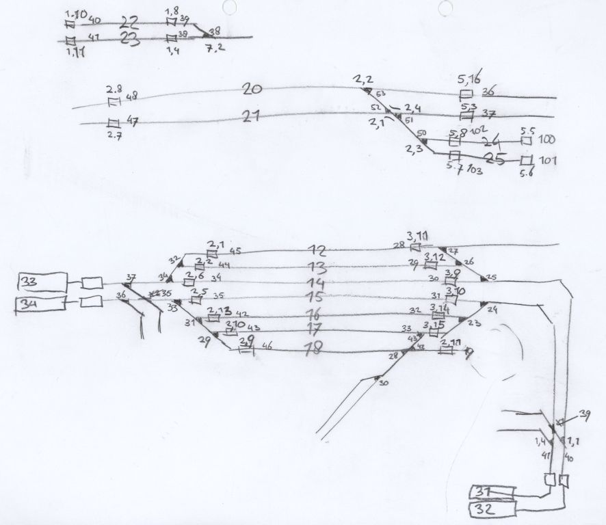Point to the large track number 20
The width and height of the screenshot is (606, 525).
252,90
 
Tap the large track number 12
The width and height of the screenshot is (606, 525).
317,250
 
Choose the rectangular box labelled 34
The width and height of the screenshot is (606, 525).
40,304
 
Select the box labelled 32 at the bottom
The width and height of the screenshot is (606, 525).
492,509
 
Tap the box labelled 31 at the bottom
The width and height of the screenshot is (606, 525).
492,492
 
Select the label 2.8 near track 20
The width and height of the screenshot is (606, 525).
114,90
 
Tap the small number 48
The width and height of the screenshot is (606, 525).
132,96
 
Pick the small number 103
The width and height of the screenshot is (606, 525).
475,170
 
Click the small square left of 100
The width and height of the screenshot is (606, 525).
526,140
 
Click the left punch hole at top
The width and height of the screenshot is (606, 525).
228,6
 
